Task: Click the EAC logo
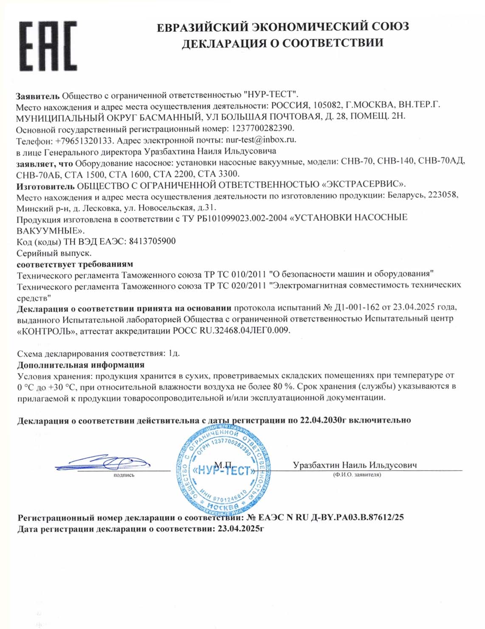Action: click(48, 46)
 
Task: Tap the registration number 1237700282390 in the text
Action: click(262, 128)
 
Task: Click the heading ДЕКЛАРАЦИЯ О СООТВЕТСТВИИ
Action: click(282, 43)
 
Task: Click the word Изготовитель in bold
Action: click(45, 185)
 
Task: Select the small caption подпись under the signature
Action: click(124, 475)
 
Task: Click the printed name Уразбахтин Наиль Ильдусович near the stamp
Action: click(354, 465)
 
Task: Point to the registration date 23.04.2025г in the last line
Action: click(240, 529)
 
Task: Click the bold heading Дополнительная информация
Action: click(81, 365)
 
